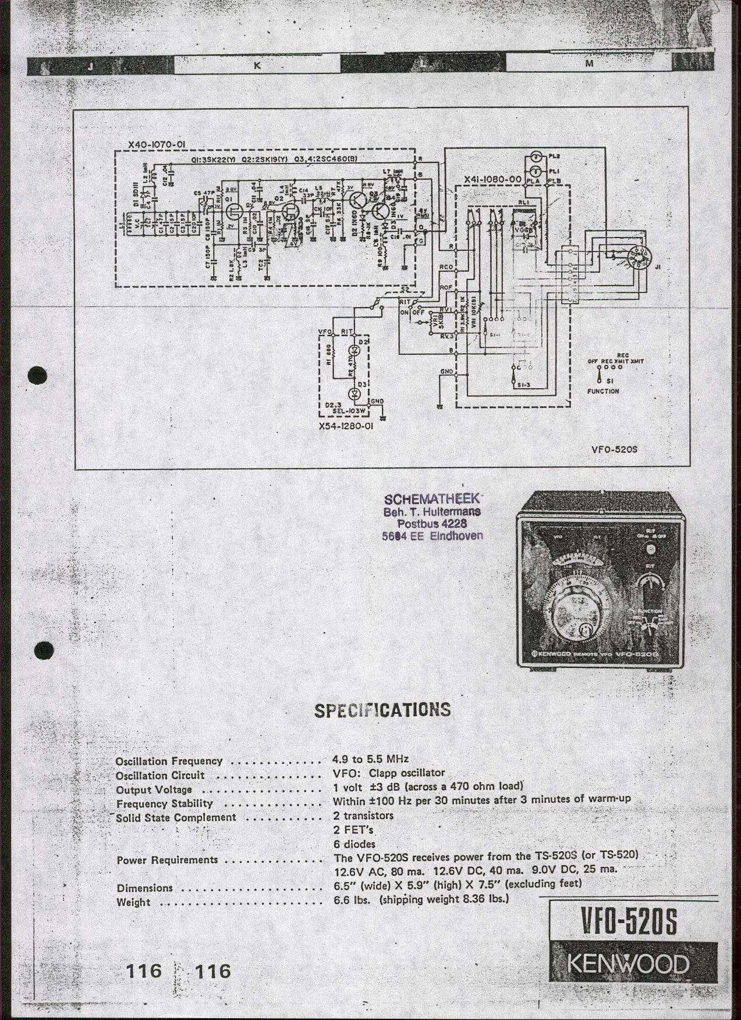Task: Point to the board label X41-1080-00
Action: [x=492, y=180]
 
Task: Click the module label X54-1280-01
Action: [x=346, y=427]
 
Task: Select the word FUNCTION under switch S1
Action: [x=603, y=391]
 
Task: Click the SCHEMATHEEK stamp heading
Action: [x=431, y=499]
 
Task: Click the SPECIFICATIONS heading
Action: [x=382, y=710]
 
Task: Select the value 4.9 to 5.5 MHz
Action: [x=371, y=759]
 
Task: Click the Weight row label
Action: [x=133, y=902]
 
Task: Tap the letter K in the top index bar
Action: [x=257, y=66]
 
